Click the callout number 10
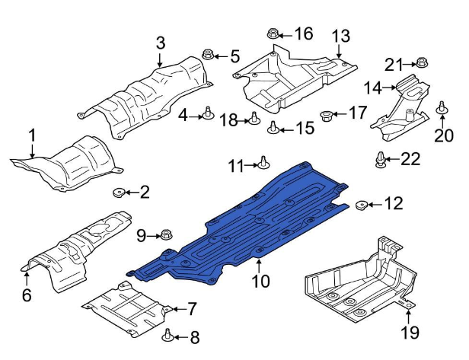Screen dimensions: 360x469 (x=261, y=282)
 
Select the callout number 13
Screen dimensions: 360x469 (x=340, y=36)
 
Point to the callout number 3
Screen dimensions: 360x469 (x=160, y=43)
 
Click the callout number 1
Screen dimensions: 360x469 (x=32, y=136)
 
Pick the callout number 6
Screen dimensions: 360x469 (x=27, y=295)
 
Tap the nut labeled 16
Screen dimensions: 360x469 (x=273, y=33)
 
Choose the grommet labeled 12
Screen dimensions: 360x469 (x=362, y=203)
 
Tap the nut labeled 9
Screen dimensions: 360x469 (x=167, y=235)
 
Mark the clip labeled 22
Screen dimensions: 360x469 (x=380, y=159)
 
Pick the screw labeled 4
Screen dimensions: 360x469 (x=206, y=114)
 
